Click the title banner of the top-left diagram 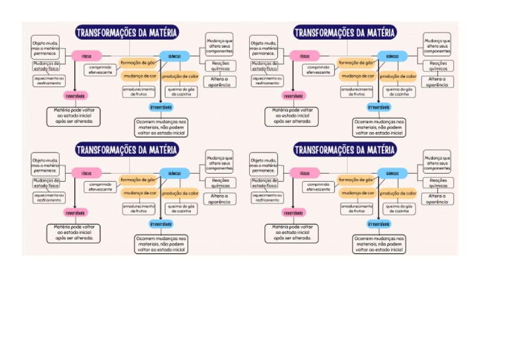[x=126, y=33]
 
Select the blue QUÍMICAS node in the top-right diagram [x=392, y=56]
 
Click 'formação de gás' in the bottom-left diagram [x=138, y=179]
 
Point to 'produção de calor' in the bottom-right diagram [x=398, y=194]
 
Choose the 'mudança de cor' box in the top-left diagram [x=139, y=76]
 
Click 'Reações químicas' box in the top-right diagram [x=438, y=66]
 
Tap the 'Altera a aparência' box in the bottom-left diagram [x=219, y=198]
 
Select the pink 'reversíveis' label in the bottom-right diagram [x=294, y=213]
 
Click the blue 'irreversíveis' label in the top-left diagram [x=161, y=107]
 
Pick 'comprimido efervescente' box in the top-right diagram [x=319, y=70]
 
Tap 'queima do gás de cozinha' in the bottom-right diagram [x=399, y=209]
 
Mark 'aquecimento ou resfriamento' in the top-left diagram [x=49, y=81]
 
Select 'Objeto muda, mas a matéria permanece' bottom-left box [x=46, y=164]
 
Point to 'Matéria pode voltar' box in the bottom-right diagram [x=292, y=233]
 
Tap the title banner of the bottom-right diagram [x=344, y=150]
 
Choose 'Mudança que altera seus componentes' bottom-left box [x=219, y=163]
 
